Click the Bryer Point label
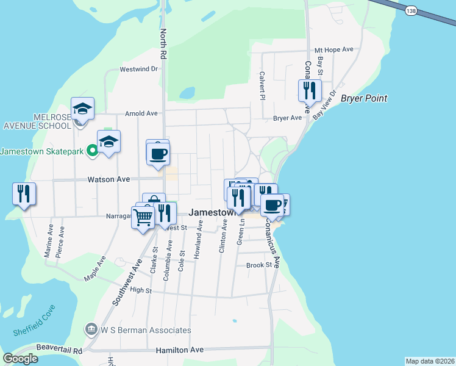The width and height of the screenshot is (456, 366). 364,98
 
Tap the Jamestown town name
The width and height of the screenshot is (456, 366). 212,213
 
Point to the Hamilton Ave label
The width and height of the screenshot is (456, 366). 179,350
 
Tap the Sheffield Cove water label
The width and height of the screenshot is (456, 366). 34,320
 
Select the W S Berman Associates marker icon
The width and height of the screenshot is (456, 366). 91,330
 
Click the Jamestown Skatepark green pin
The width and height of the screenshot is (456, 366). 92,150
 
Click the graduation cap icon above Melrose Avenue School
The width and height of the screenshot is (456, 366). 82,109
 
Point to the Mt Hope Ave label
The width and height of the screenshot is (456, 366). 334,50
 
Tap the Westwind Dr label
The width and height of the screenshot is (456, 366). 139,69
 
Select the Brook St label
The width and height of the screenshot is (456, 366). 258,265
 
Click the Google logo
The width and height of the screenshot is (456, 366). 21,358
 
